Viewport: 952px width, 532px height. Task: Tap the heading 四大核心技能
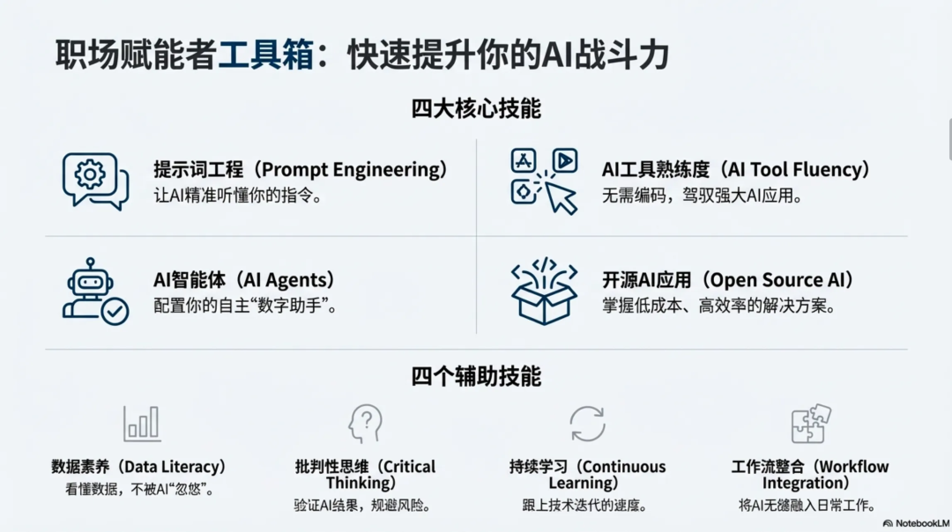[476, 109]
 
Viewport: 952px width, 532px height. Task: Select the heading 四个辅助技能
[476, 377]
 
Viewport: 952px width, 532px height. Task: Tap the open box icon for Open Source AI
[544, 291]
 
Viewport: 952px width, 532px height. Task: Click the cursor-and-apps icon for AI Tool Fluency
[544, 180]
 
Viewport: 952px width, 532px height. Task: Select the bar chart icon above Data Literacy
[141, 424]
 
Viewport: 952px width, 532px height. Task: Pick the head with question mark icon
[365, 424]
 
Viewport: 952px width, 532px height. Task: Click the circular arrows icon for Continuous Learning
[587, 424]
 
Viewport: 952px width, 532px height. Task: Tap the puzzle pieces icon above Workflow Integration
[810, 424]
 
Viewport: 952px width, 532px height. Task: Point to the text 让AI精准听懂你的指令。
[238, 196]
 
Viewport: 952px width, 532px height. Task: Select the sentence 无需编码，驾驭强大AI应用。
[702, 196]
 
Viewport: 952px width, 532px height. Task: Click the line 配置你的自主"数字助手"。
[245, 307]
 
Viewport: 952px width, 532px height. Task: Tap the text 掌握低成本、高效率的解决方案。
[718, 307]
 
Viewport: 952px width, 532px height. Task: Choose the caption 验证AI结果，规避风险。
[365, 506]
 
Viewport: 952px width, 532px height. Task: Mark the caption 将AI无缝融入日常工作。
[808, 506]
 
